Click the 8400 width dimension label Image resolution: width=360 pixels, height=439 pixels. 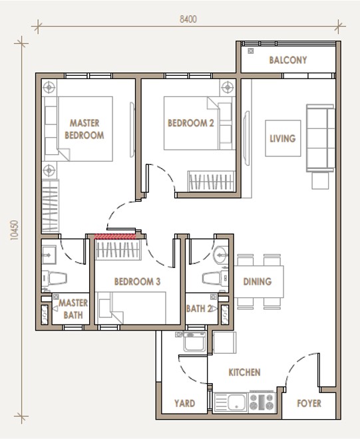(x=188, y=19)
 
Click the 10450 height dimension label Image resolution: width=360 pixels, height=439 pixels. (x=14, y=230)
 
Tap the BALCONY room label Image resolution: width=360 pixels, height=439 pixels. (x=288, y=60)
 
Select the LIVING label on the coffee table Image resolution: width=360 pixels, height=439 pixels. (x=282, y=138)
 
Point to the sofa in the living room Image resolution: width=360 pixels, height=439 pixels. (x=321, y=138)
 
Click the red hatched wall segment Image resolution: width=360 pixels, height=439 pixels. (x=115, y=237)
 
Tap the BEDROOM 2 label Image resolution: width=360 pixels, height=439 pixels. (x=191, y=123)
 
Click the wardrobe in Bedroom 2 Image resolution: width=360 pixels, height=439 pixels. (x=211, y=181)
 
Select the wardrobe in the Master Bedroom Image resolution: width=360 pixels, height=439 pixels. (x=50, y=207)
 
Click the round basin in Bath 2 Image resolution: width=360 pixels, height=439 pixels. (x=221, y=255)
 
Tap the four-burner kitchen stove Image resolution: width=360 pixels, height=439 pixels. (x=262, y=402)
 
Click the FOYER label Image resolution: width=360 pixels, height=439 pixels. (x=309, y=403)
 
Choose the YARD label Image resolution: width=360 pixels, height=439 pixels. (x=184, y=403)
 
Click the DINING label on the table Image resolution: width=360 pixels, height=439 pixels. (x=258, y=281)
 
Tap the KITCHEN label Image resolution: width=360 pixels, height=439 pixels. (x=245, y=372)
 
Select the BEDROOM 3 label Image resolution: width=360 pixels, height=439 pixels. (x=137, y=281)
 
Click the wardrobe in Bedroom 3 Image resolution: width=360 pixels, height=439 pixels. (x=118, y=249)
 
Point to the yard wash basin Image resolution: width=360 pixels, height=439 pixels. (x=194, y=342)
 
